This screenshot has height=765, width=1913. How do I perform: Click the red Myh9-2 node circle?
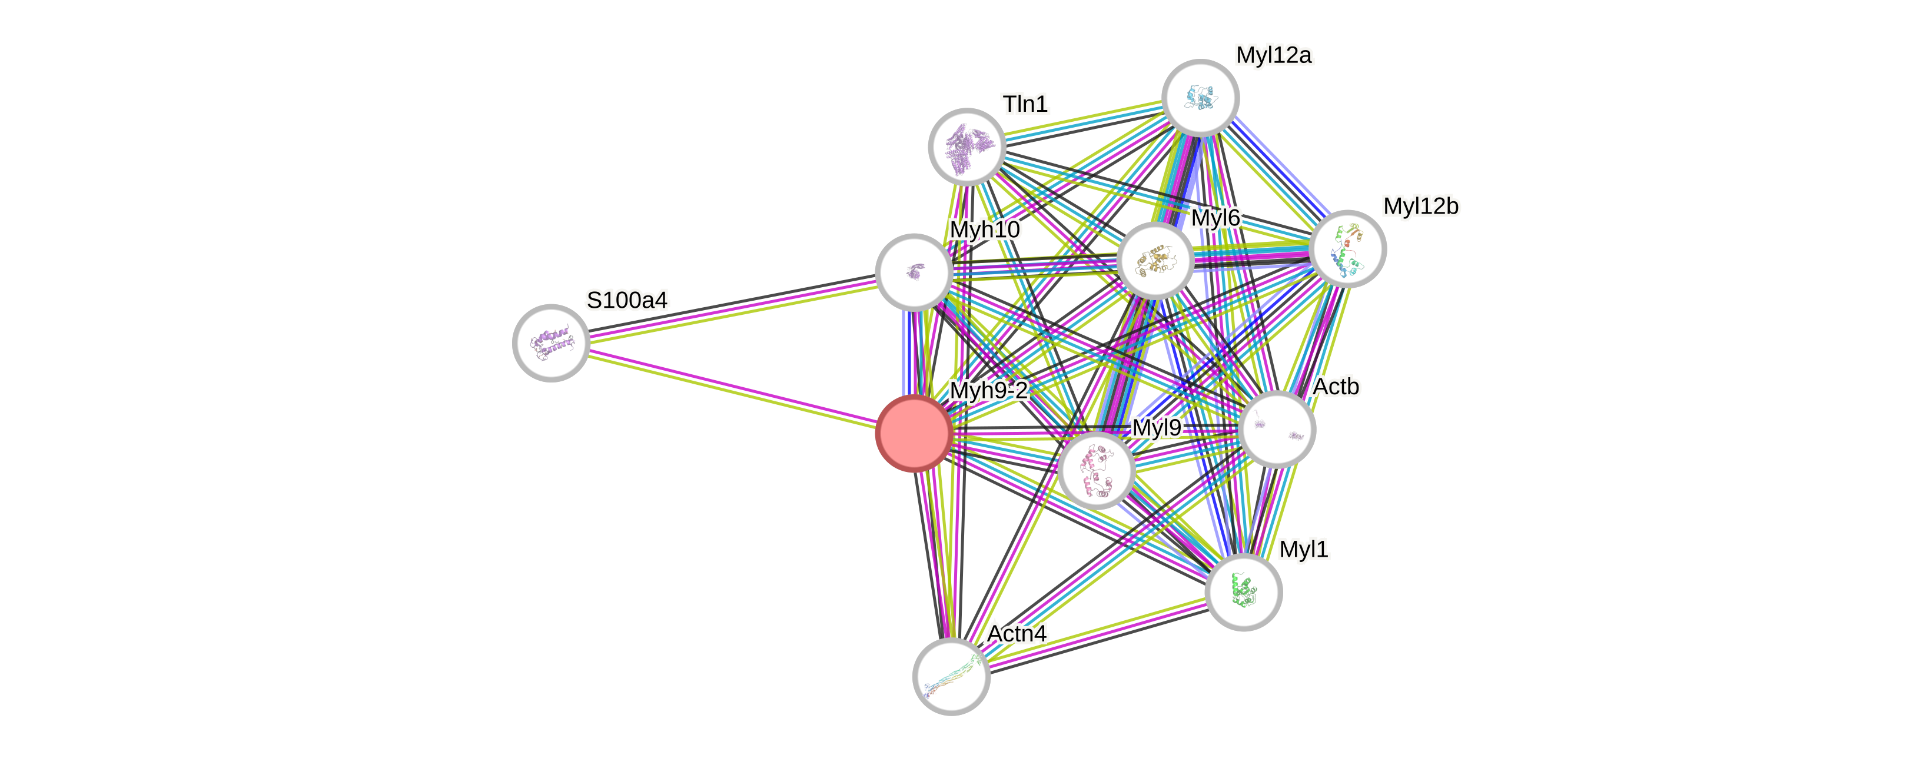pyautogui.click(x=914, y=433)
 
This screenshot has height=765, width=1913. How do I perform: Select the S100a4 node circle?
pyautogui.click(x=551, y=342)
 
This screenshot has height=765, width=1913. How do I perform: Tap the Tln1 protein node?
pyautogui.click(x=967, y=147)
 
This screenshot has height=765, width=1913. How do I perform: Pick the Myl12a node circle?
pyautogui.click(x=1200, y=97)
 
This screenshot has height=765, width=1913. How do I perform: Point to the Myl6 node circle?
pyautogui.click(x=1155, y=261)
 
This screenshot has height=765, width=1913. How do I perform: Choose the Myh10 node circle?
pyautogui.click(x=914, y=272)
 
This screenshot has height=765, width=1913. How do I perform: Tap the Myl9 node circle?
pyautogui.click(x=1096, y=470)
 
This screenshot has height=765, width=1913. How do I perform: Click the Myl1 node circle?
pyautogui.click(x=1243, y=592)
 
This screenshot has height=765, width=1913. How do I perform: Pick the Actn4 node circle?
pyautogui.click(x=951, y=676)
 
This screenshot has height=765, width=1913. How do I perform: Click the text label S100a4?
pyautogui.click(x=627, y=300)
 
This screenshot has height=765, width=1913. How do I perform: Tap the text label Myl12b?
pyautogui.click(x=1420, y=206)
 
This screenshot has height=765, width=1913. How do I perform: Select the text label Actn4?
pyautogui.click(x=1017, y=634)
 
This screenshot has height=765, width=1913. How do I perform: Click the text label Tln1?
pyautogui.click(x=1025, y=104)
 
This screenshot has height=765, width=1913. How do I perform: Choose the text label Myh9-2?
pyautogui.click(x=988, y=390)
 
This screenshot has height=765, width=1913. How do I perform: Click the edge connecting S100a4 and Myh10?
pyautogui.click(x=732, y=308)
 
